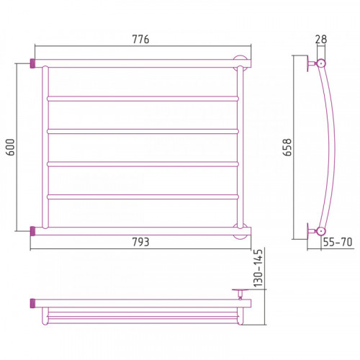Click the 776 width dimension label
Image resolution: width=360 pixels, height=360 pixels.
pyautogui.click(x=140, y=40)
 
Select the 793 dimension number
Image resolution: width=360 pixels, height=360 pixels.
pyautogui.click(x=140, y=242)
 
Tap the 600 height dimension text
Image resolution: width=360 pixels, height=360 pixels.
pyautogui.click(x=11, y=147)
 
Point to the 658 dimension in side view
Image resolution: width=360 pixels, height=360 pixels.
pyautogui.click(x=287, y=147)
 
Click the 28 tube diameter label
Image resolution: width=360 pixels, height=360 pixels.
pyautogui.click(x=321, y=40)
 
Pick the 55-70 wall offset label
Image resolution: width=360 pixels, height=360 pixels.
pyautogui.click(x=338, y=242)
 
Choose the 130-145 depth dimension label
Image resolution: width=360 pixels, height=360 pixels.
pyautogui.click(x=258, y=268)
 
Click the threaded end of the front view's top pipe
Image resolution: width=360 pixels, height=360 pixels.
pyautogui.click(x=33, y=63)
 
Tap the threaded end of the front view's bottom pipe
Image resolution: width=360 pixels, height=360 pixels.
pyautogui.click(x=33, y=231)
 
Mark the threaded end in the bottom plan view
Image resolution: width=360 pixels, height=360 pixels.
pyautogui.click(x=33, y=303)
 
